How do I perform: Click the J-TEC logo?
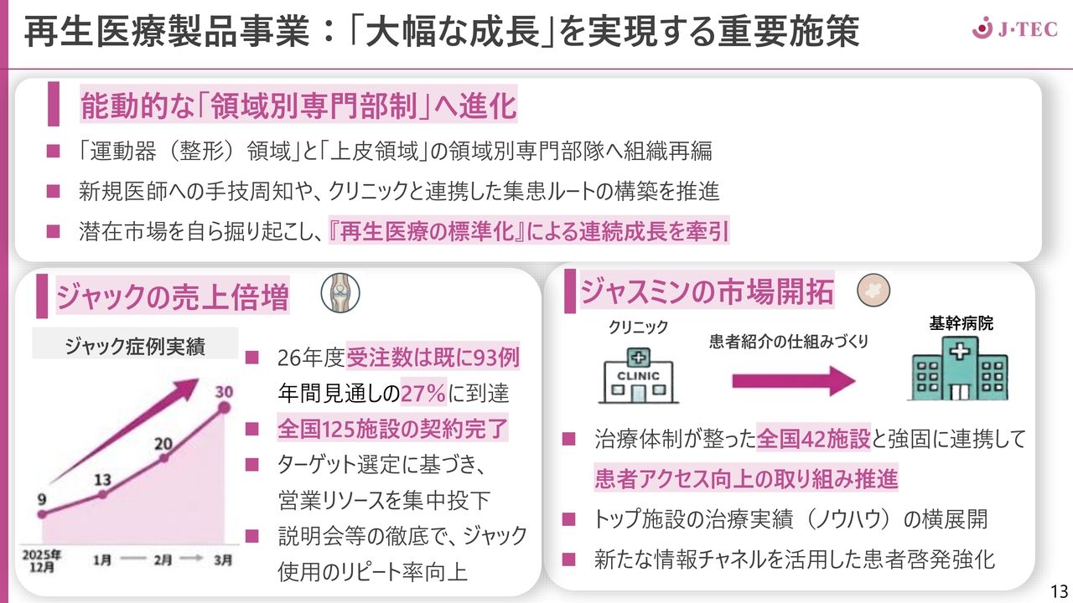(1014, 28)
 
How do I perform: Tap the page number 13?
(1059, 590)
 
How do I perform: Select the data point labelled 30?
(224, 408)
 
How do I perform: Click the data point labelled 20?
(163, 458)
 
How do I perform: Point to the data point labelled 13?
(102, 494)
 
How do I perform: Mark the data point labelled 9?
(42, 514)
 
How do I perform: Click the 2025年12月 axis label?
(42, 561)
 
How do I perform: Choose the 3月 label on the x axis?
(223, 559)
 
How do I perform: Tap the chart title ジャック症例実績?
(135, 346)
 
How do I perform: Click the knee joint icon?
(340, 293)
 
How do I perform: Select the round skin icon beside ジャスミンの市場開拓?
(873, 290)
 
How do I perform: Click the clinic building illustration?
(638, 375)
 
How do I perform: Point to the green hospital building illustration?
(959, 368)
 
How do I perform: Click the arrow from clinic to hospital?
(794, 381)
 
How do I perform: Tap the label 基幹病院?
(961, 323)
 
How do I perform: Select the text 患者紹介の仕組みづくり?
(789, 341)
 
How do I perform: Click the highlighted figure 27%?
(423, 393)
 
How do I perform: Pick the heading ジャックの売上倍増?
(173, 296)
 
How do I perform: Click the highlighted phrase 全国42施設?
(813, 438)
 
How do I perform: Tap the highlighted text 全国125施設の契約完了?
(392, 428)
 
